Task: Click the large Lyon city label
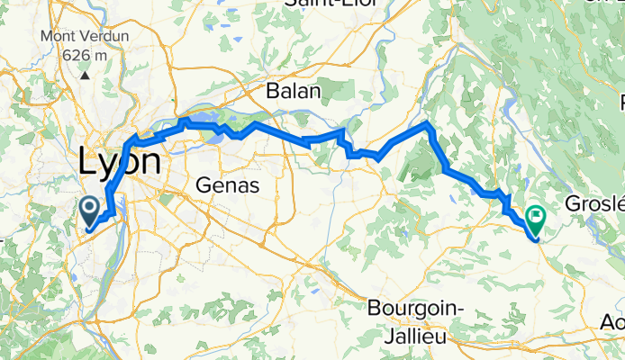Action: pyautogui.click(x=120, y=163)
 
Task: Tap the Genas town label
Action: pyautogui.click(x=228, y=185)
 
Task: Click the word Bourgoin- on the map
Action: pyautogui.click(x=415, y=308)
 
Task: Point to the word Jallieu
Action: pyautogui.click(x=415, y=331)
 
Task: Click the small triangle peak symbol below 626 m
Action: pyautogui.click(x=85, y=74)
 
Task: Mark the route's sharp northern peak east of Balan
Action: pyautogui.click(x=427, y=121)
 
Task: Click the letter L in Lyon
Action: pyautogui.click(x=88, y=163)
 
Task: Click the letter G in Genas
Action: pyautogui.click(x=204, y=185)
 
